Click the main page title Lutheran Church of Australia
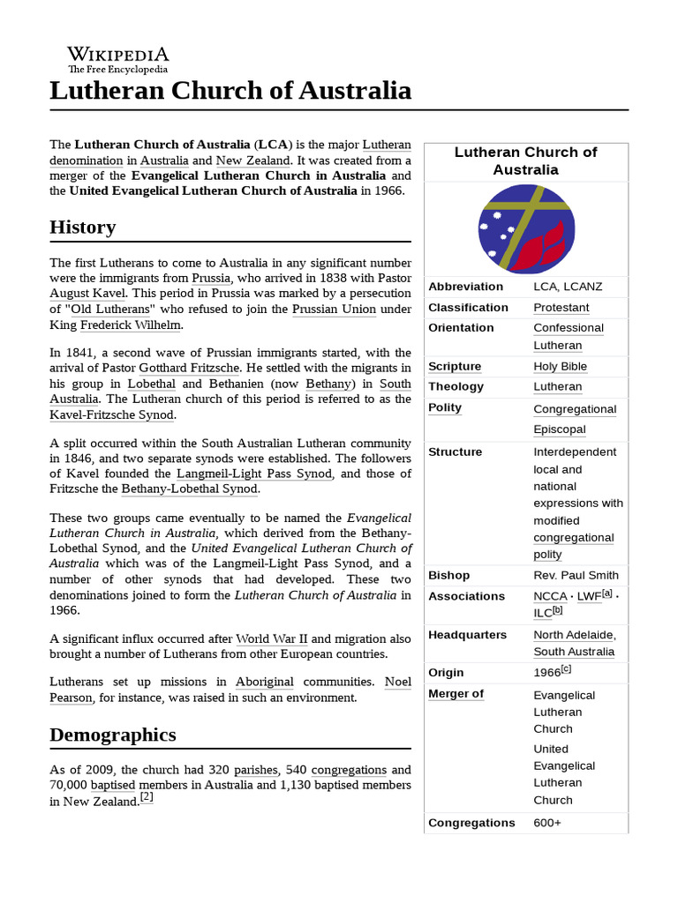tap(230, 90)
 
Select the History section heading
tap(83, 228)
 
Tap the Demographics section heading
tap(113, 735)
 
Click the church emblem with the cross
tap(526, 229)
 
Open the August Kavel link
tap(88, 293)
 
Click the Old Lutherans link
tap(112, 309)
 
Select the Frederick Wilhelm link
tap(131, 325)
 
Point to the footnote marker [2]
tap(147, 798)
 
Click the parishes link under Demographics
tap(256, 770)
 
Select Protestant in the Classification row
tap(561, 308)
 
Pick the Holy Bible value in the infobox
tap(560, 366)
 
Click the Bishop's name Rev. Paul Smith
tap(576, 576)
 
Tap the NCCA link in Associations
tap(550, 597)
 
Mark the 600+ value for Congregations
tap(547, 823)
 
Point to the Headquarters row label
tap(467, 635)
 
